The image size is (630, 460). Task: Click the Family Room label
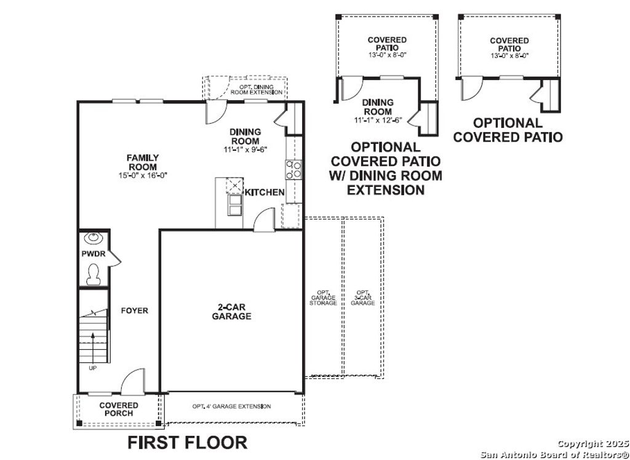pos(143,162)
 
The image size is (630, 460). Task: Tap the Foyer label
pos(134,311)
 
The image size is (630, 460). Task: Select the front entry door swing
pos(130,383)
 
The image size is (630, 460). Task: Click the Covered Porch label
pos(119,409)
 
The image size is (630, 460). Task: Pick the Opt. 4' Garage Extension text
pos(231,406)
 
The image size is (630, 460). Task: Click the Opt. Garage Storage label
pos(324,298)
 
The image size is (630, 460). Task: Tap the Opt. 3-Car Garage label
pos(363,298)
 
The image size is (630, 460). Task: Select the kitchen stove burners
pos(293,169)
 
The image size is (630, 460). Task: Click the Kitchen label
pos(265,192)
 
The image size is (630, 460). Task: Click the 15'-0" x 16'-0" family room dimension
pos(143,175)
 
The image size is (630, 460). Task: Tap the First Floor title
pos(188,442)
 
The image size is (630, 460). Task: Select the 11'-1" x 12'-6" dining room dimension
pos(377,120)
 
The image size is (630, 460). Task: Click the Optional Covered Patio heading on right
pos(508,130)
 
